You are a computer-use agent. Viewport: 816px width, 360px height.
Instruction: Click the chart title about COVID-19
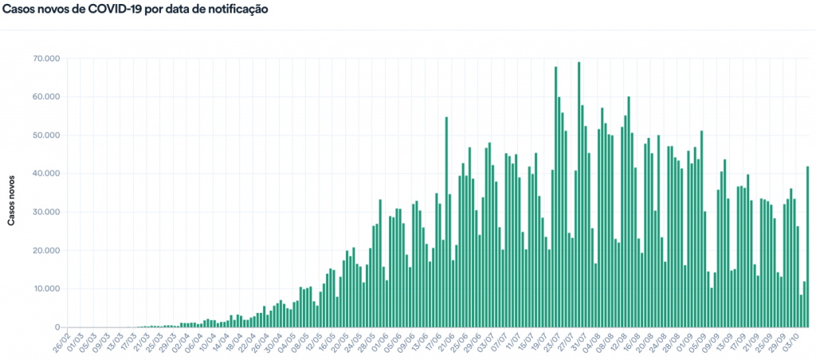click(135, 10)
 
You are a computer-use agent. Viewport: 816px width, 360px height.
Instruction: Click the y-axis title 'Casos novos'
click(12, 192)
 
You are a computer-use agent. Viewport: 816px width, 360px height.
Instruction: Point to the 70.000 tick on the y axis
click(47, 59)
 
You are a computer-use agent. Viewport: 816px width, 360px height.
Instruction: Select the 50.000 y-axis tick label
click(47, 135)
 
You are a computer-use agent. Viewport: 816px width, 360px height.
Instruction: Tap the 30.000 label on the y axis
click(47, 212)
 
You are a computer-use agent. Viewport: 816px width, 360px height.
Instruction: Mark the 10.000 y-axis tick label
click(47, 288)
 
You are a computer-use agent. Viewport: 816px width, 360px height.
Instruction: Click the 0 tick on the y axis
click(57, 327)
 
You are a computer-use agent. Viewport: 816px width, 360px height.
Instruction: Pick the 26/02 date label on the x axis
click(61, 343)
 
